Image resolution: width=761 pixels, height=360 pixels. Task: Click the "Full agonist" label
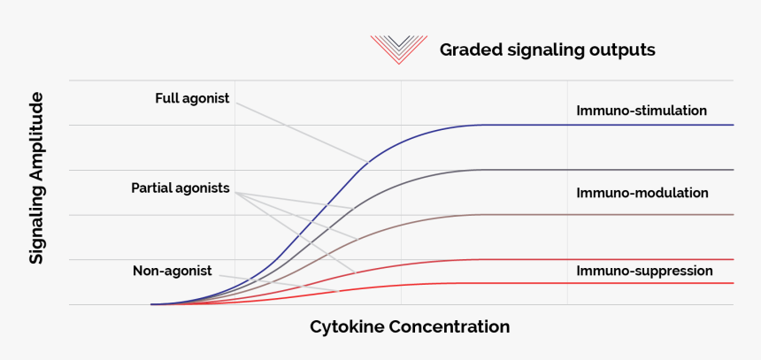(x=192, y=98)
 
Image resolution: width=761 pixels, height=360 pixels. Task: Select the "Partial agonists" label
(x=181, y=188)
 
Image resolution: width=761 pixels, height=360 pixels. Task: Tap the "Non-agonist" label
(x=173, y=271)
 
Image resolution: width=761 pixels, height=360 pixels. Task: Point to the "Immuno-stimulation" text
(x=642, y=111)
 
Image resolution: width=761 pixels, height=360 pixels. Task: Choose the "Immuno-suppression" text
(x=644, y=271)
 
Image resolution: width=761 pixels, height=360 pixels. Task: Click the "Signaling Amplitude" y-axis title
(x=36, y=182)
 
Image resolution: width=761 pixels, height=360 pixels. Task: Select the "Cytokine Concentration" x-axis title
(x=410, y=327)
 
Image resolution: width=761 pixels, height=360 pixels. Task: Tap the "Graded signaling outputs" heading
(x=547, y=50)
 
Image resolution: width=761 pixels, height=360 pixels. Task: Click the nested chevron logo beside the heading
(x=399, y=49)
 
